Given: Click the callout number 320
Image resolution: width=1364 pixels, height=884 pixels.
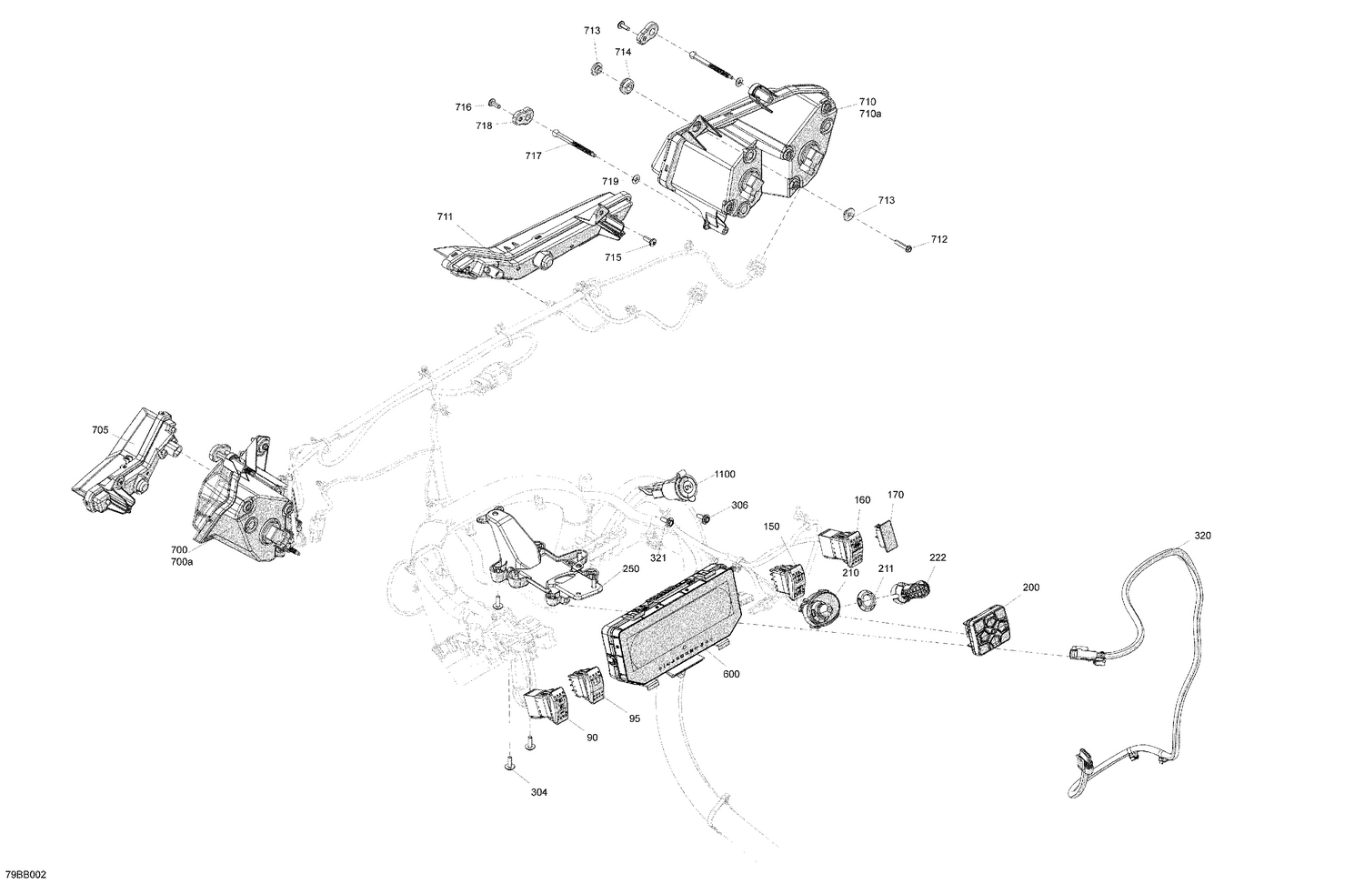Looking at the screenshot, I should [x=1202, y=536].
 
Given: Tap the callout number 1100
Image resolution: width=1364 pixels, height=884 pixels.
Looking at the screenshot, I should [x=725, y=474].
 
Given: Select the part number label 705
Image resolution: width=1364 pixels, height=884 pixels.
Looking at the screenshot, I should [x=100, y=429].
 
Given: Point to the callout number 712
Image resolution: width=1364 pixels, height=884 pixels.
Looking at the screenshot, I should [x=938, y=240].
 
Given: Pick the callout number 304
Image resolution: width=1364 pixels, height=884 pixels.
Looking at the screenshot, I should [x=539, y=792].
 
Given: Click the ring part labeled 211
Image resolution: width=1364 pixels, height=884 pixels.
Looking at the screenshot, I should [x=867, y=599].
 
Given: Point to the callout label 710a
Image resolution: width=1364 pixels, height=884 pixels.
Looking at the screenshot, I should [x=868, y=114].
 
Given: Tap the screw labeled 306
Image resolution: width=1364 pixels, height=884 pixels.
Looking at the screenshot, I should [x=704, y=517].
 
